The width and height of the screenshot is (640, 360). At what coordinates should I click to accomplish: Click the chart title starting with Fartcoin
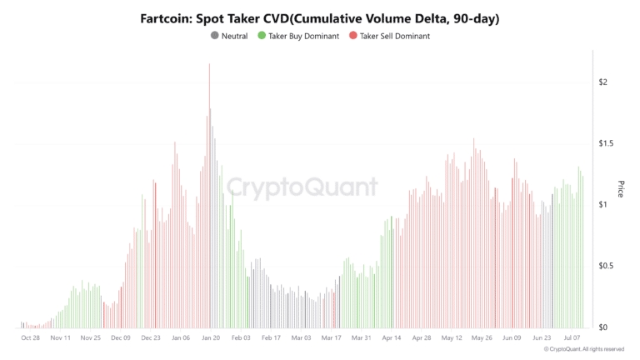320,17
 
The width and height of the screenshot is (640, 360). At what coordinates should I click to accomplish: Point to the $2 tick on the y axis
602,82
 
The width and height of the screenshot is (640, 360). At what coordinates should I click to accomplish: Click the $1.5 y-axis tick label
606,143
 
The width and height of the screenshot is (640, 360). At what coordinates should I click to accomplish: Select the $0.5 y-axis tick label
606,266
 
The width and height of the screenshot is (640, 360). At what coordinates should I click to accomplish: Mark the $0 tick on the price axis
602,327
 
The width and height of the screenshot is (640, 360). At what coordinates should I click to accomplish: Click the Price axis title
621,188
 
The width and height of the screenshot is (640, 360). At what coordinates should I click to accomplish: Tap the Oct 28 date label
31,338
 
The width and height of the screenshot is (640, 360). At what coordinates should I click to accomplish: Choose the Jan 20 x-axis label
211,338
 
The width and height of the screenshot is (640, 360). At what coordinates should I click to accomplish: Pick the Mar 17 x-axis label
332,338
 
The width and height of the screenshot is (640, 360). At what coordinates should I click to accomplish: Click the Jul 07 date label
572,338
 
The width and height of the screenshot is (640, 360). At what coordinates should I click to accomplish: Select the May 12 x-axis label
452,338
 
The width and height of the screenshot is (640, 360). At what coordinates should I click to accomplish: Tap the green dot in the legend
262,36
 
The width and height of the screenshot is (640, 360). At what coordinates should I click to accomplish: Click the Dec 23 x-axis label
151,338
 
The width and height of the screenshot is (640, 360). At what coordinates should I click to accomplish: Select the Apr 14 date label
392,338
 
